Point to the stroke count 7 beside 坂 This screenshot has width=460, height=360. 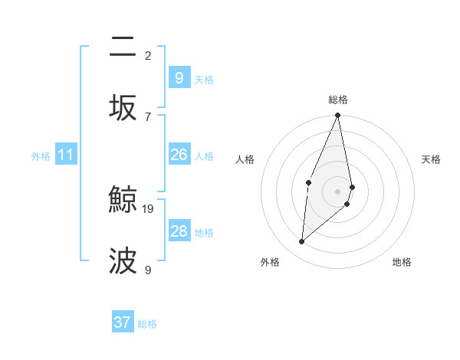coord(148,116)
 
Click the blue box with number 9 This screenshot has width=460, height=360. coord(179,77)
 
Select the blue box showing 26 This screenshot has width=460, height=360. coord(179,155)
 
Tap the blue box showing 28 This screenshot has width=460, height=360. coord(179,231)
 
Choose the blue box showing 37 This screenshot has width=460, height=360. coord(123,322)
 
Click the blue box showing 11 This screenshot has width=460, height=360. coord(66,155)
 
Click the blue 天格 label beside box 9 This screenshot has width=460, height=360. coord(204,79)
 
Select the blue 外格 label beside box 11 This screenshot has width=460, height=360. coord(41,156)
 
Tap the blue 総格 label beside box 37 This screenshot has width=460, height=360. coord(147,324)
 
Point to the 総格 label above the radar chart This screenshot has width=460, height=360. coord(338,100)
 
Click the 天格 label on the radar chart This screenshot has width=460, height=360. coord(432,159)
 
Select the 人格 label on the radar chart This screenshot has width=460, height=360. coord(245,159)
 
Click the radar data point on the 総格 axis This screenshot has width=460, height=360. coord(338,116)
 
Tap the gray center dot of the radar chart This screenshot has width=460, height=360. coord(338,191)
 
